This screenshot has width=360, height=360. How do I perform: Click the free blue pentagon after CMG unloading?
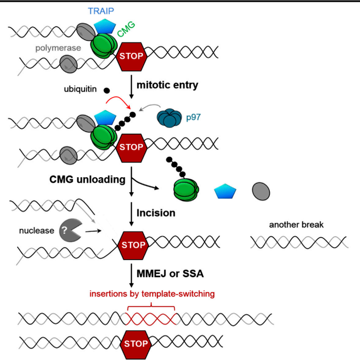pyautogui.click(x=225, y=192)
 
